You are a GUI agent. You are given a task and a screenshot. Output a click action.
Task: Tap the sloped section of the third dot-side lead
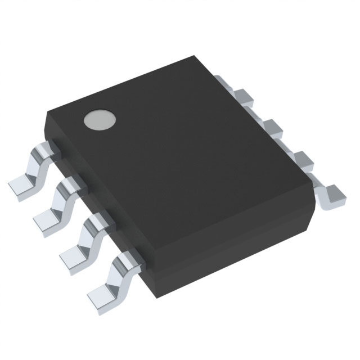[87, 233]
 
